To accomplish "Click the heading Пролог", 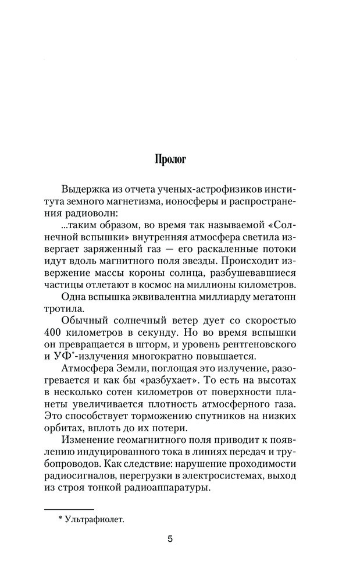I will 170,159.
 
